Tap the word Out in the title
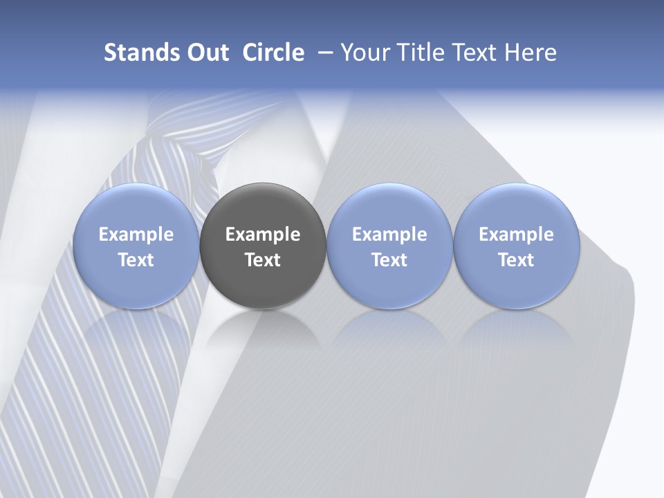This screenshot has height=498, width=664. click(x=207, y=53)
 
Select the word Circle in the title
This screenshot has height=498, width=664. click(x=273, y=53)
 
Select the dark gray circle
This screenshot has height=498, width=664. click(x=263, y=246)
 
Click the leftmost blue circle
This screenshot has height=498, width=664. click(x=136, y=246)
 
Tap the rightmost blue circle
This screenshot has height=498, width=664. click(x=516, y=246)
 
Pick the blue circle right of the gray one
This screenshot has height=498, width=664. click(x=389, y=246)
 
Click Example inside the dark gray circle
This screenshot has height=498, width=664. click(x=263, y=234)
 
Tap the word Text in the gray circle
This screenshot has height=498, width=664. click(x=263, y=260)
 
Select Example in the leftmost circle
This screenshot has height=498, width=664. click(x=136, y=234)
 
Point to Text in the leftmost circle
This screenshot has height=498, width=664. click(x=136, y=260)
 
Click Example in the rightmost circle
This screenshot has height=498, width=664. click(x=516, y=234)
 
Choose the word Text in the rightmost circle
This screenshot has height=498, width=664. click(x=516, y=260)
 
